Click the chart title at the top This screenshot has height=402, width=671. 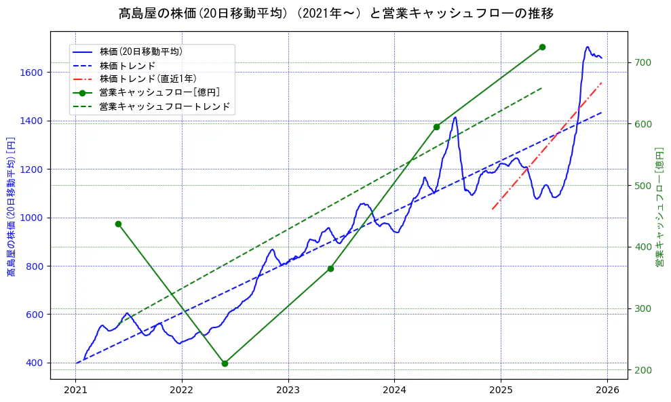[x=336, y=13]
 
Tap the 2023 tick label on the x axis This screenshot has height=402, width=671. [x=288, y=390]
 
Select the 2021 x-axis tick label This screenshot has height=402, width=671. [x=75, y=390]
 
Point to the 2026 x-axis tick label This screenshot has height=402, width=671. [x=607, y=390]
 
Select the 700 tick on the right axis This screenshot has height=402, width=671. [x=643, y=63]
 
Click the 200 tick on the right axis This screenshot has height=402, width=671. [x=643, y=370]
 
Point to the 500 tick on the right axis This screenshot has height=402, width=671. [x=643, y=186]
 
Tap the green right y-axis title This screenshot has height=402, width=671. [x=659, y=206]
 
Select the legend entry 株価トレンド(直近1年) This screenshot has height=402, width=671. [x=147, y=79]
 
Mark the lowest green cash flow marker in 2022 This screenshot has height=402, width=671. [x=225, y=363]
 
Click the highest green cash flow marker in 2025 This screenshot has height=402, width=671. [x=542, y=47]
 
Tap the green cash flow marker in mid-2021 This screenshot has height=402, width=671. [x=118, y=224]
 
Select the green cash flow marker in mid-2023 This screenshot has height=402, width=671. [x=330, y=268]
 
